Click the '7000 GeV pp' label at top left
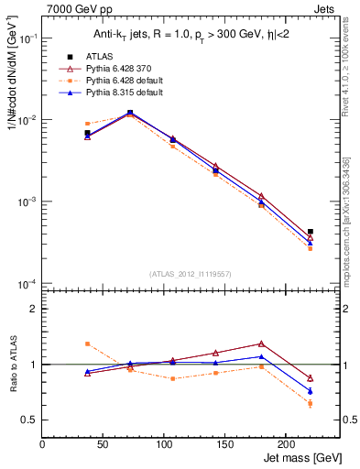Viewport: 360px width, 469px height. pos(74,8)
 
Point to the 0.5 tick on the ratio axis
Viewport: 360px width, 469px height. pos(29,420)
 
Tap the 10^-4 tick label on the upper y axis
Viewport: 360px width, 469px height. pos(26,283)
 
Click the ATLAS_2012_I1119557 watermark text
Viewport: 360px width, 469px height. pos(191,274)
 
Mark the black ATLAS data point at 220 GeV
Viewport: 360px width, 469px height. pos(311,232)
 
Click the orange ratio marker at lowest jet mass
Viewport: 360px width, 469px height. pos(87,344)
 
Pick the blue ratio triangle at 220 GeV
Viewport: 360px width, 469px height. pos(311,391)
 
